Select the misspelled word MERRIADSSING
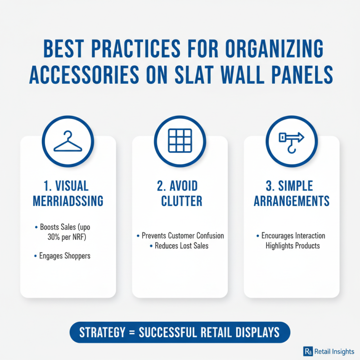[x=68, y=201]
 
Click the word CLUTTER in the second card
[x=180, y=201]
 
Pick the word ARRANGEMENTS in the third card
[x=292, y=201]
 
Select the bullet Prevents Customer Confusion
[x=183, y=236]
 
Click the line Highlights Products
[x=292, y=245]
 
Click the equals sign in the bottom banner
[x=131, y=333]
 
